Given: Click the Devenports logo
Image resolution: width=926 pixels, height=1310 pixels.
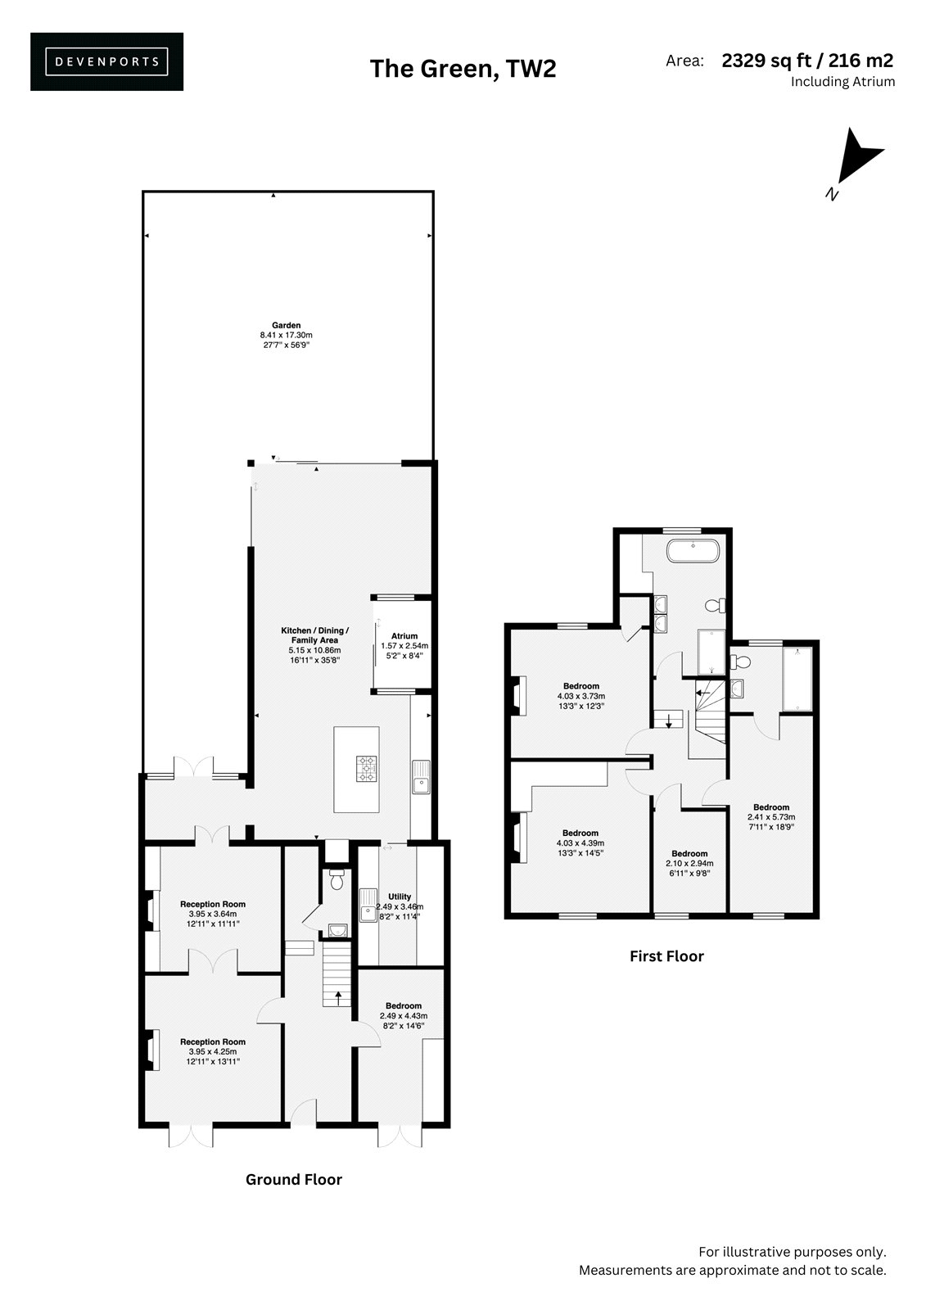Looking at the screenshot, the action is click(x=107, y=61).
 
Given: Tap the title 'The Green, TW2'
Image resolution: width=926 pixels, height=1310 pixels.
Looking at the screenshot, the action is click(x=463, y=69).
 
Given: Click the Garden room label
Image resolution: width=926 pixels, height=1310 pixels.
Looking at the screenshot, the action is click(x=286, y=335).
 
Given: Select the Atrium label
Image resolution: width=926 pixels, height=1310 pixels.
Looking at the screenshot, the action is click(x=404, y=646).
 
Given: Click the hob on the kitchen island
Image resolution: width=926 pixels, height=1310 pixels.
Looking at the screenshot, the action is click(x=367, y=769).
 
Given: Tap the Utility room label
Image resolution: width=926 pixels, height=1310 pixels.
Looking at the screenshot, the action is click(x=400, y=906).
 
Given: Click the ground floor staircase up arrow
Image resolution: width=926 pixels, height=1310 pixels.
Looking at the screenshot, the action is click(x=337, y=998).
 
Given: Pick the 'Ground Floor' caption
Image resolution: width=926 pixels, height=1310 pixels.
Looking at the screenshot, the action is click(x=294, y=1179).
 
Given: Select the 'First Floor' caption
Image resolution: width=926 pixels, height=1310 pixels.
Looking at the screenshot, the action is click(x=666, y=956).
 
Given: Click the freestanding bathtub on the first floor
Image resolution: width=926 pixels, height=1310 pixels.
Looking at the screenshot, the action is click(x=693, y=550).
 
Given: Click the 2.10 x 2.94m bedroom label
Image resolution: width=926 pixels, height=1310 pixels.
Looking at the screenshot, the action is click(x=689, y=863).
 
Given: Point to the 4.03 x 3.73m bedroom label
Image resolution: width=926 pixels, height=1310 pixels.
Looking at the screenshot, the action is click(x=580, y=696).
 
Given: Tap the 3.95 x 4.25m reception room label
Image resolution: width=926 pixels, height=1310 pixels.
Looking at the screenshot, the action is click(x=213, y=1051).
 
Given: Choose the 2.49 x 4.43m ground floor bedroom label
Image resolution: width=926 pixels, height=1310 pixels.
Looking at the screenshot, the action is click(x=404, y=1016).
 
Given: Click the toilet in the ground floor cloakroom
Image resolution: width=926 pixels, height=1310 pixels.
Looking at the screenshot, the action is click(x=336, y=879).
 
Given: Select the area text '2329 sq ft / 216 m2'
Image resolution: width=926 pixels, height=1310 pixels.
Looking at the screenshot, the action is click(x=807, y=61).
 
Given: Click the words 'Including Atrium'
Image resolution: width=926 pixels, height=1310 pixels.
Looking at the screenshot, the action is click(x=843, y=81).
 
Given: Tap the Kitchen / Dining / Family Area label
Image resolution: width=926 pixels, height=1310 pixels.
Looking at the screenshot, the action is click(x=314, y=645).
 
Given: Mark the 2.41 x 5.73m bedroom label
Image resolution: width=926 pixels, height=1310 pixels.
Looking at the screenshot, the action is click(x=771, y=817).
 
